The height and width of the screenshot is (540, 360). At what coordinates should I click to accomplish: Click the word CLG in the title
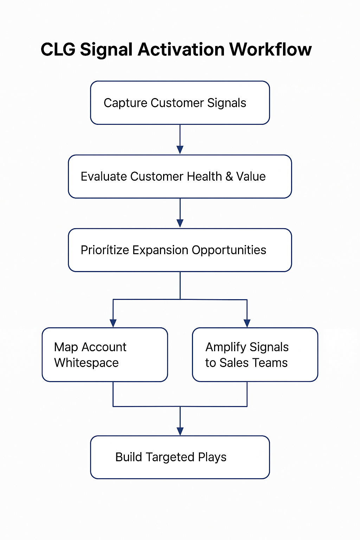click(58, 50)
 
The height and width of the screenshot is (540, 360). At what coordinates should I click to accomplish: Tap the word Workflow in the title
click(270, 49)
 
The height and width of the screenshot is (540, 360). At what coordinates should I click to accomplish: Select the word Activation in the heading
click(181, 50)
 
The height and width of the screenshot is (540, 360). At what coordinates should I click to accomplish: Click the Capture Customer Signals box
click(180, 103)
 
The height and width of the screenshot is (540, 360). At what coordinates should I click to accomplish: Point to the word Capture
click(126, 103)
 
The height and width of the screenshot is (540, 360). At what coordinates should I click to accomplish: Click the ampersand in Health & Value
click(229, 176)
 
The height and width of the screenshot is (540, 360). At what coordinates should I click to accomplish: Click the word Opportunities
click(229, 250)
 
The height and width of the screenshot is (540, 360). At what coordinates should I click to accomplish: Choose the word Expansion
click(160, 250)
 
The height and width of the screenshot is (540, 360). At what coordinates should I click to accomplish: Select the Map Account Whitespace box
click(105, 355)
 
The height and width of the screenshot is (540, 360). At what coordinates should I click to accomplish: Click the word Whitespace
click(86, 363)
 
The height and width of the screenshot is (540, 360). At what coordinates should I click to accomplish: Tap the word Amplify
click(226, 347)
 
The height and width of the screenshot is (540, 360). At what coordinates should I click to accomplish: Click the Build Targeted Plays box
click(180, 457)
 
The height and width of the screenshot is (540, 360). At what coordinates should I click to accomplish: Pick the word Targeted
click(170, 457)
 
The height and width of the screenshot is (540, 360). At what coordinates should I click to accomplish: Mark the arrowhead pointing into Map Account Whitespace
click(113, 323)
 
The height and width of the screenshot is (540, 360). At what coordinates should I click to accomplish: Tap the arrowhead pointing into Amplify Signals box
click(247, 323)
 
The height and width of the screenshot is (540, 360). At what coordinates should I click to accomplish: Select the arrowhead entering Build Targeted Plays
click(180, 431)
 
